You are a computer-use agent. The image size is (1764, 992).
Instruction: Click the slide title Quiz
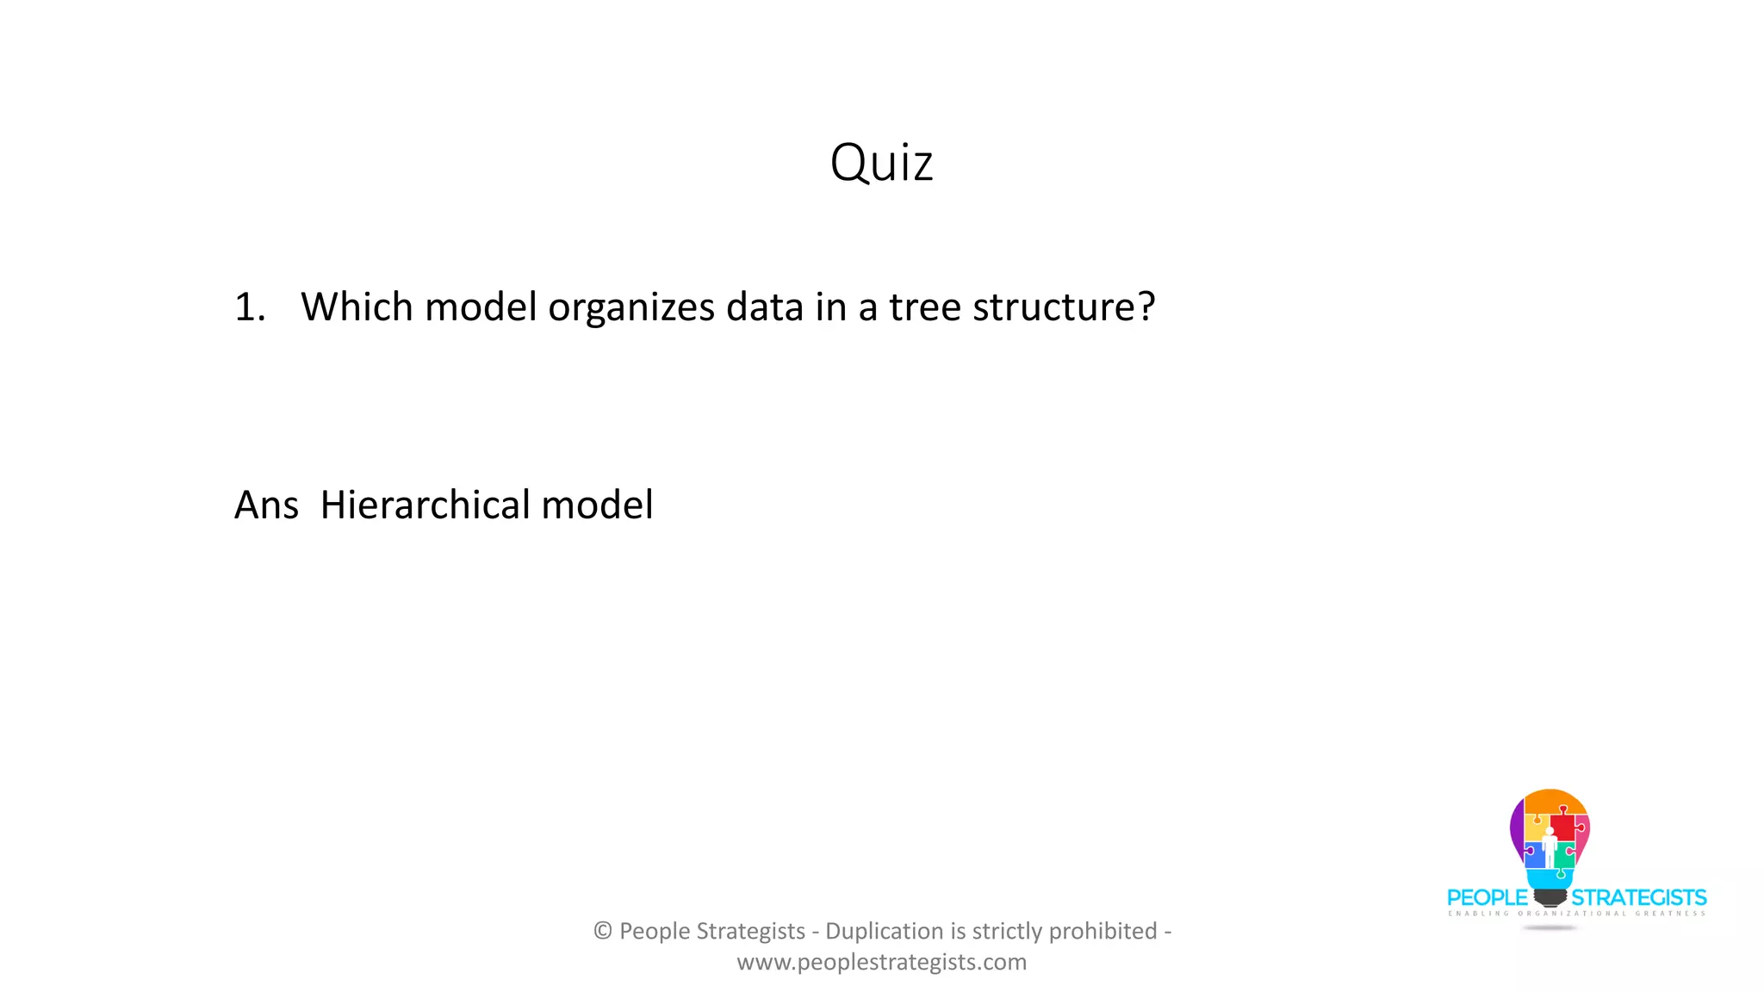pyautogui.click(x=881, y=162)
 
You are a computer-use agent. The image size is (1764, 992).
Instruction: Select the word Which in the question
pyautogui.click(x=357, y=307)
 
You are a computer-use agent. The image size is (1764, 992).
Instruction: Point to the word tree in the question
pyautogui.click(x=924, y=307)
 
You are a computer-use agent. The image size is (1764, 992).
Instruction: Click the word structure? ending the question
pyautogui.click(x=1063, y=307)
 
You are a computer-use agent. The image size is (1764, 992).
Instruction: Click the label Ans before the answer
pyautogui.click(x=266, y=505)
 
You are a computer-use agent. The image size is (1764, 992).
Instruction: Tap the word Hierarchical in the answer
pyautogui.click(x=425, y=505)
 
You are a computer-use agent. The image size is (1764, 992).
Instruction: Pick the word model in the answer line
pyautogui.click(x=596, y=505)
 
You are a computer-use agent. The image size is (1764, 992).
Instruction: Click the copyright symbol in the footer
pyautogui.click(x=602, y=931)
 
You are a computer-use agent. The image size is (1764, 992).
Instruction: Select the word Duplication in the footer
pyautogui.click(x=884, y=931)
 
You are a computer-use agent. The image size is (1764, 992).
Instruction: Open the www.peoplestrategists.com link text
pyautogui.click(x=881, y=962)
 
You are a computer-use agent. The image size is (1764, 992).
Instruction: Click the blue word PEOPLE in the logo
pyautogui.click(x=1487, y=898)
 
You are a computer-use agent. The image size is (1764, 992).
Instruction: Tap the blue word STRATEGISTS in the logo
pyautogui.click(x=1638, y=898)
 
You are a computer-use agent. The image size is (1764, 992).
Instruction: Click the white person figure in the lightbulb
pyautogui.click(x=1549, y=847)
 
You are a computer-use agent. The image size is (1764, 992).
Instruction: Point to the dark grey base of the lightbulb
pyautogui.click(x=1550, y=898)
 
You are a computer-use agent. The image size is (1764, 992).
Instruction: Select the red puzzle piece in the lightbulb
pyautogui.click(x=1564, y=826)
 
